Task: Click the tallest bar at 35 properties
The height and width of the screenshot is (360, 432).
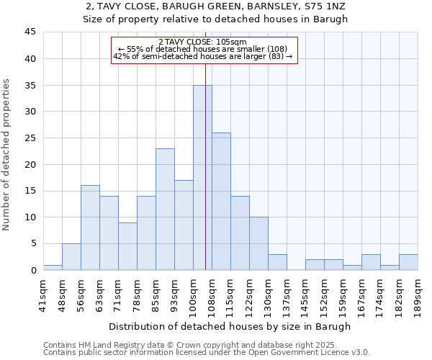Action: point(202,177)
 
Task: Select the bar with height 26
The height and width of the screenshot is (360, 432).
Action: point(221,201)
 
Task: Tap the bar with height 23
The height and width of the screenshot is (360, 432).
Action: point(165,209)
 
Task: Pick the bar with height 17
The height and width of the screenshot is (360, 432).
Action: point(184,225)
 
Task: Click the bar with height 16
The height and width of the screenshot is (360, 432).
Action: point(90,228)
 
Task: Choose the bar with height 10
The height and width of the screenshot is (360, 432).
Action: point(258,243)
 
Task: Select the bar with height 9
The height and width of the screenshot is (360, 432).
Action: point(127,246)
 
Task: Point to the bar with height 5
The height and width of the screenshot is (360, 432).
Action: point(71,257)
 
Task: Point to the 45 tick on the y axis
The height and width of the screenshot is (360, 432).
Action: point(30,32)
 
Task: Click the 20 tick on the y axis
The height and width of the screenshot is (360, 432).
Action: point(30,164)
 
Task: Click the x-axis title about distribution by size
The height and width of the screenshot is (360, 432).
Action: point(230,326)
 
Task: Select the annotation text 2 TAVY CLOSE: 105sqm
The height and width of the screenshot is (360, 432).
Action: point(202,42)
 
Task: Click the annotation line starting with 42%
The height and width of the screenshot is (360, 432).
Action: point(203,56)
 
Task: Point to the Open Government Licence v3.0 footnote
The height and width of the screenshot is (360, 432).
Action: point(207,352)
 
